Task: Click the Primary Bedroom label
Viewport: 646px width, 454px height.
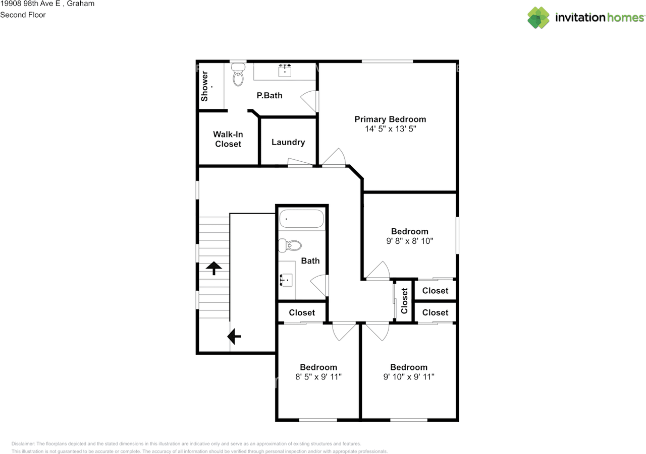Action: click(390, 119)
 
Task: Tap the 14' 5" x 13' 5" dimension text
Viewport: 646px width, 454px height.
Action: click(391, 128)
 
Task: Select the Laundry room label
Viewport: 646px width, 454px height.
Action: click(288, 142)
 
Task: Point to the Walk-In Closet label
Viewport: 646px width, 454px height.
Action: click(228, 139)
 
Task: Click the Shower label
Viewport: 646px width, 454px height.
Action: click(204, 86)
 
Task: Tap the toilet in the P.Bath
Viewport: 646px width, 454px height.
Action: click(238, 75)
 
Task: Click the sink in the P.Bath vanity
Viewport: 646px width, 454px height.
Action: click(285, 70)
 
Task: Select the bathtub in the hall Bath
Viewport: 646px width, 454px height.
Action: click(302, 219)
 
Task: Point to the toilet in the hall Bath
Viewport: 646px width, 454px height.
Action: click(290, 245)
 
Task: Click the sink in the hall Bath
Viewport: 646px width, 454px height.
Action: click(286, 280)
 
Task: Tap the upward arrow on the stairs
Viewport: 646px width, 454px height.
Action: click(213, 268)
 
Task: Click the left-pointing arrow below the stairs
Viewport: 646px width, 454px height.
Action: click(234, 336)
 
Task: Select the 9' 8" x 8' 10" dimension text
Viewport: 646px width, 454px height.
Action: click(409, 241)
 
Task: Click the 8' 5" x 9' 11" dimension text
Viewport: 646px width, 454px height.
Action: click(318, 376)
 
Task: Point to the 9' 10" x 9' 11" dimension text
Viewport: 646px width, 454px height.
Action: click(409, 376)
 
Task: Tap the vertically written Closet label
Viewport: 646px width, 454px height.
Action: click(404, 301)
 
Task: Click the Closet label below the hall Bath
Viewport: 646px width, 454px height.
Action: click(302, 312)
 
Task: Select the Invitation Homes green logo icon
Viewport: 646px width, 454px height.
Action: click(538, 18)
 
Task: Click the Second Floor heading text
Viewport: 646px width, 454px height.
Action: click(23, 15)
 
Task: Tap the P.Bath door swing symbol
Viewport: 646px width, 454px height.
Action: click(309, 101)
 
